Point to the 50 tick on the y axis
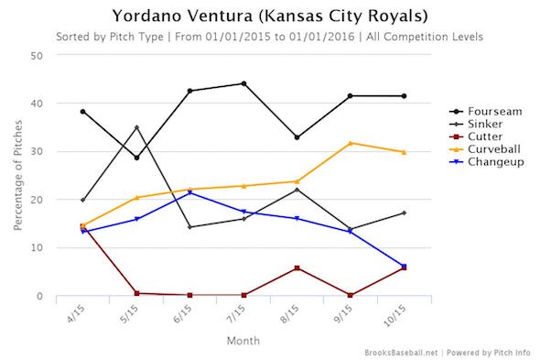pos(38,55)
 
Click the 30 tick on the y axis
pos(38,151)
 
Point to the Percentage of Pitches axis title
pos(15,175)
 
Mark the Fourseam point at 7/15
pos(243,83)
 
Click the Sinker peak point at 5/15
pos(136,127)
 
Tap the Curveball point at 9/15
pos(351,143)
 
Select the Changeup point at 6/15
pos(189,192)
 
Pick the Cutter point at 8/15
pos(297,267)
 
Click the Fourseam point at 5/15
pos(136,158)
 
